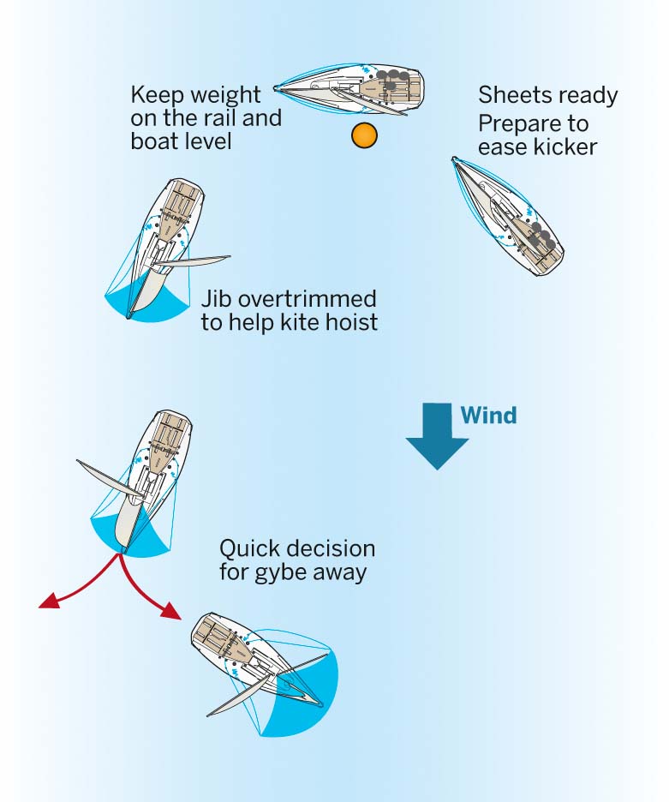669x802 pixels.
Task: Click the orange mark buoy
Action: click(364, 135)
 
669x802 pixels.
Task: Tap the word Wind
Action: click(489, 416)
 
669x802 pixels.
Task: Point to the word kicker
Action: click(561, 147)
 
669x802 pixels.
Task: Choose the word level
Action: click(206, 140)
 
